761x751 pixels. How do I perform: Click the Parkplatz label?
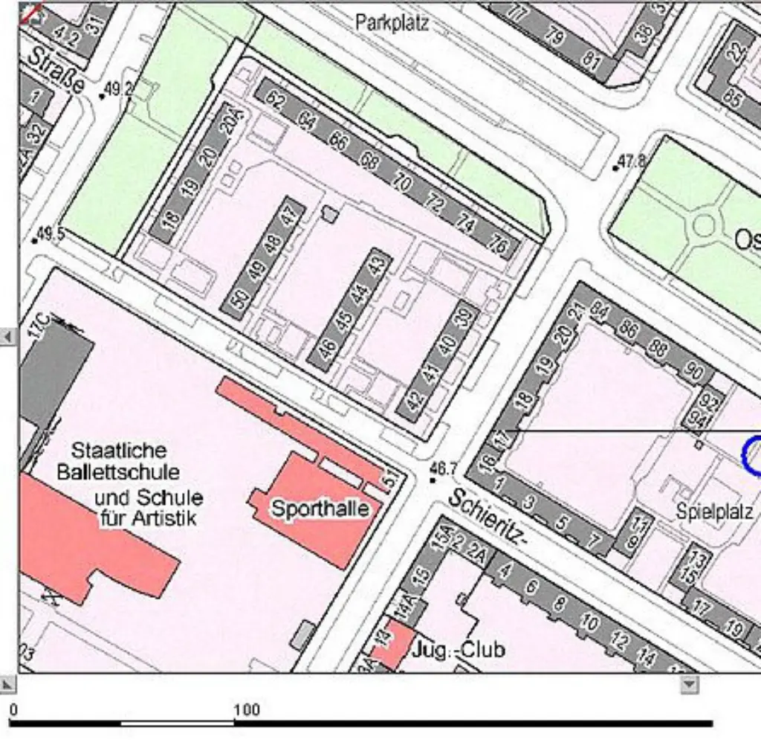click(x=392, y=22)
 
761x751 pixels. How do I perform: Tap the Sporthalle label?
click(x=320, y=509)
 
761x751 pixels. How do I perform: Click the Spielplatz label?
click(x=715, y=512)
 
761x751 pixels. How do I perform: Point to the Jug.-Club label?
click(x=459, y=650)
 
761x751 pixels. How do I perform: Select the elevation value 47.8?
click(x=632, y=161)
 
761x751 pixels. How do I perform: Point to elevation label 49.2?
click(x=118, y=89)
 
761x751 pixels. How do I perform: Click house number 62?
click(x=274, y=99)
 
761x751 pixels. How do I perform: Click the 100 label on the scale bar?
click(x=247, y=709)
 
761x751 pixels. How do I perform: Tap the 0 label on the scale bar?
click(x=13, y=709)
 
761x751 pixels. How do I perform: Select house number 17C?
click(x=39, y=326)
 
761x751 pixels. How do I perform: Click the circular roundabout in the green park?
click(x=703, y=224)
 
